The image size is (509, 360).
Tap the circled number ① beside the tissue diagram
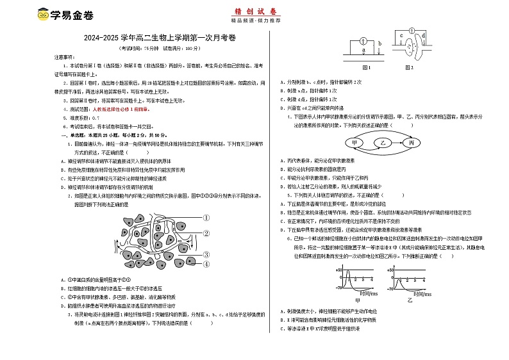point(206,218)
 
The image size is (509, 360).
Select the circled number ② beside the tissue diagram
point(206,233)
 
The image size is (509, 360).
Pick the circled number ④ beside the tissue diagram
point(206,263)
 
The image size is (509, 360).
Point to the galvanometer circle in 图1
point(363,37)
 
